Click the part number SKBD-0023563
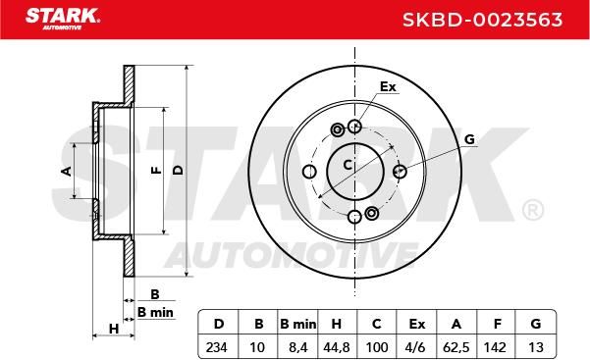[482, 20]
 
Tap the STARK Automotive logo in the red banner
[63, 19]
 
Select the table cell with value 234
[217, 347]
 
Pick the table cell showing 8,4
[298, 347]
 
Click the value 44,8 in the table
[337, 347]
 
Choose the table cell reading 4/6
[416, 347]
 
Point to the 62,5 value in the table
[456, 347]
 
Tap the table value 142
[495, 347]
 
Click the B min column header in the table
[298, 324]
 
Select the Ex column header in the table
[416, 324]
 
